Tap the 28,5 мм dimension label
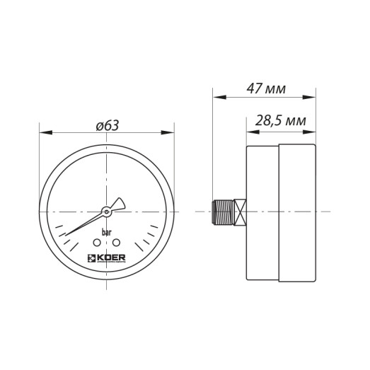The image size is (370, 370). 281,121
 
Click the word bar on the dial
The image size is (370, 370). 106,232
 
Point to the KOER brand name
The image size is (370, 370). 111,258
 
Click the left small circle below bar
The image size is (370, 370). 97,243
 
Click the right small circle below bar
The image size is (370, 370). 116,243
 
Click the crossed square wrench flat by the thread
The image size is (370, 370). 241,212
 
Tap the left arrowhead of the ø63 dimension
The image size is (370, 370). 42,132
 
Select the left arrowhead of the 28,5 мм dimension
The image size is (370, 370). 249,131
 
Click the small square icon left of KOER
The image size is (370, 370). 91,258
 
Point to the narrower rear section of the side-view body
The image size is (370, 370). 262,212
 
